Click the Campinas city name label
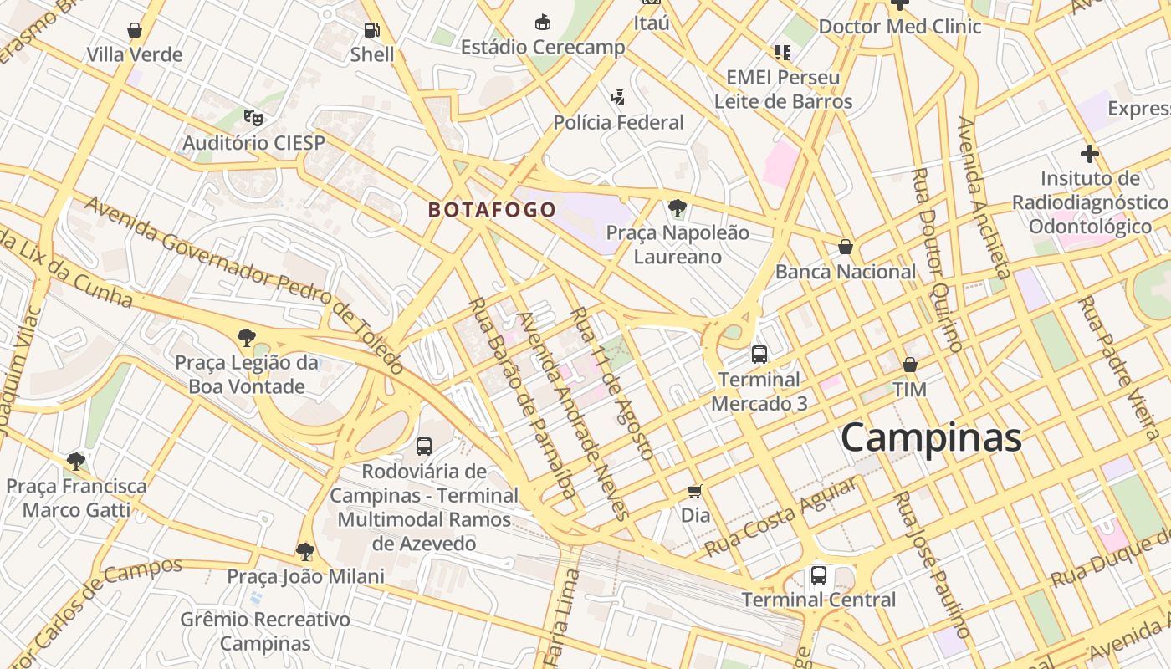(931, 437)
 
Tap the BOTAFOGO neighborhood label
(492, 210)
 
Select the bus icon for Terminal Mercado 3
(759, 355)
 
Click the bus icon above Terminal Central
(818, 575)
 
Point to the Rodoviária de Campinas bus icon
(424, 447)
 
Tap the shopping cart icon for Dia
(694, 491)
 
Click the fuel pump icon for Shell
(371, 31)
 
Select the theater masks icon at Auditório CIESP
(253, 118)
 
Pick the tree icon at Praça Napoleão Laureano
(678, 208)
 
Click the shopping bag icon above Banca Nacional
(846, 248)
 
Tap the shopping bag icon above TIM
(909, 365)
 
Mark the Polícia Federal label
(618, 123)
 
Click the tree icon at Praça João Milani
(305, 552)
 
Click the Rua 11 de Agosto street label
(611, 383)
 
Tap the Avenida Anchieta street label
(984, 197)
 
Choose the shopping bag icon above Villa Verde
(134, 31)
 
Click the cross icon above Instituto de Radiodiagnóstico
(1089, 154)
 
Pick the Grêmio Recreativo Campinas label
(265, 631)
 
